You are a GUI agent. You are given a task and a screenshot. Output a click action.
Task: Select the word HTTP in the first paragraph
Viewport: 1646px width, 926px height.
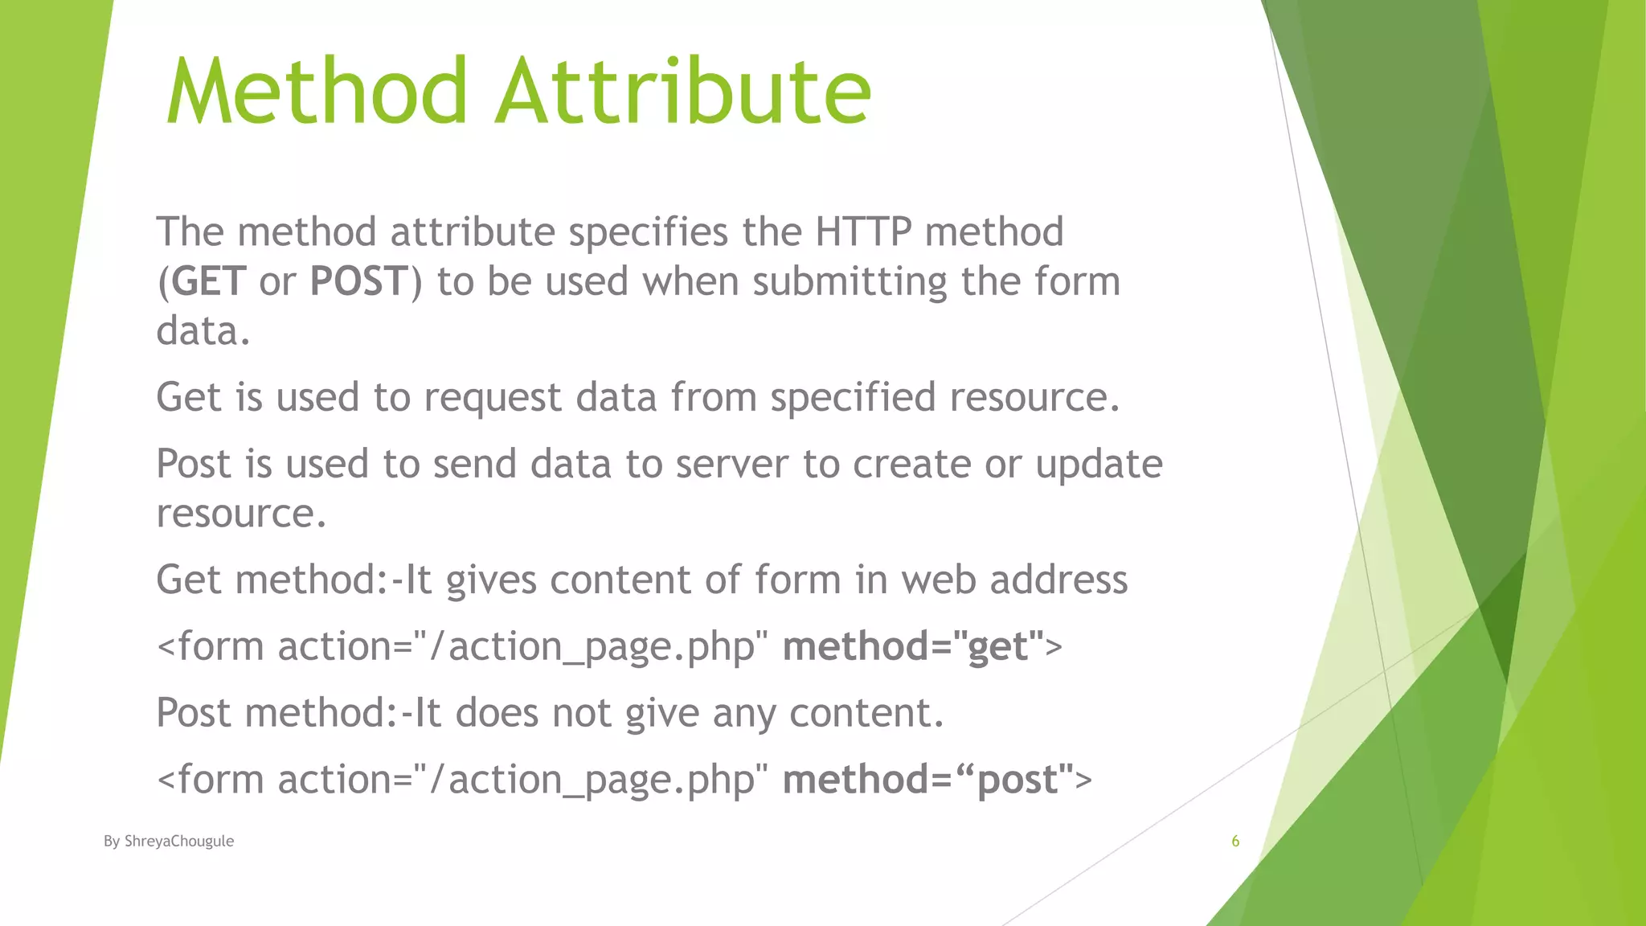point(862,232)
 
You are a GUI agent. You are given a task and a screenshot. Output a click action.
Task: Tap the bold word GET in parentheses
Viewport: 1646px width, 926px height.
point(208,282)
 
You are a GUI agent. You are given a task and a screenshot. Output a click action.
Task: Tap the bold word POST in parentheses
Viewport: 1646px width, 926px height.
point(359,282)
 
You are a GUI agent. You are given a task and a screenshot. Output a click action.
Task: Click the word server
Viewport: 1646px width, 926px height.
point(731,465)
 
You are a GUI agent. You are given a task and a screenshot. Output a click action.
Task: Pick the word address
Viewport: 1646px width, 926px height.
point(1058,580)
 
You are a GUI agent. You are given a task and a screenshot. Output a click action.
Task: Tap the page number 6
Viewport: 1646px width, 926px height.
point(1235,842)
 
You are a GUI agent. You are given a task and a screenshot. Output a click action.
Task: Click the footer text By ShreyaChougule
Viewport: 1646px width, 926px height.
point(169,842)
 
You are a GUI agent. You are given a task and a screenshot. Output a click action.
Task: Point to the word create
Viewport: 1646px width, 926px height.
point(911,465)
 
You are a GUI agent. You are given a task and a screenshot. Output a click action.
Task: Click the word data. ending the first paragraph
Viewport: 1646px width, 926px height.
point(203,331)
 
